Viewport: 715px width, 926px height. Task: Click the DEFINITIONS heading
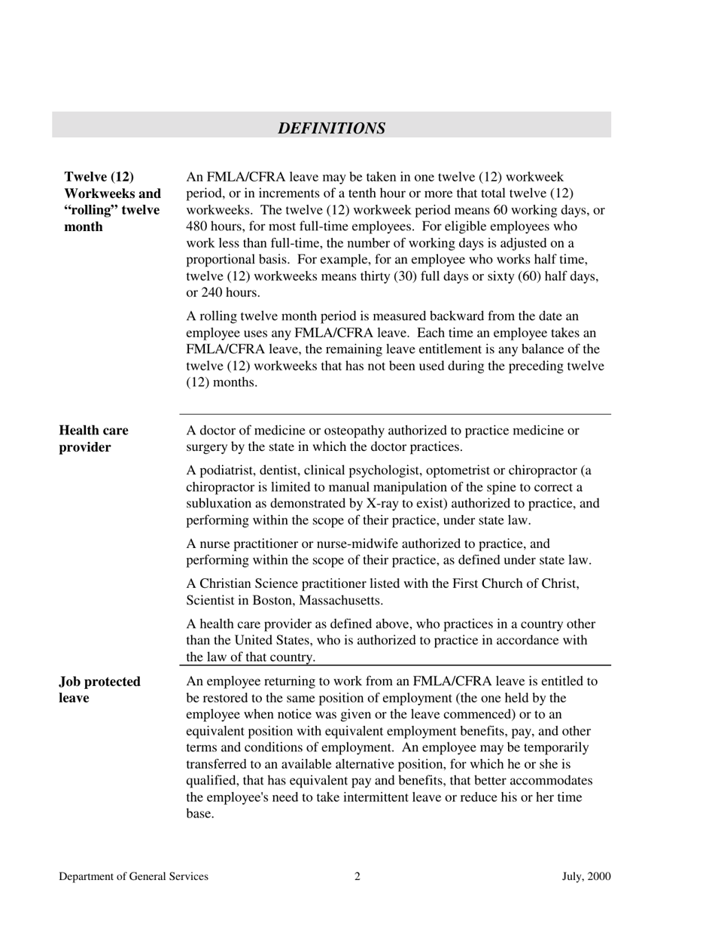[x=331, y=128]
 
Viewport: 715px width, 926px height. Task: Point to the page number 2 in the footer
[x=357, y=876]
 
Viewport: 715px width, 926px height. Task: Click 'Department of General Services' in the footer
[x=134, y=876]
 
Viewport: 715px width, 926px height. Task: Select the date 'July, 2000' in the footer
[x=586, y=876]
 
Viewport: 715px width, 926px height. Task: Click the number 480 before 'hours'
[x=197, y=227]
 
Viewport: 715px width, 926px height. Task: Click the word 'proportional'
[x=222, y=260]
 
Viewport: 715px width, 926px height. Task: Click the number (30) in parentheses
[x=406, y=276]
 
